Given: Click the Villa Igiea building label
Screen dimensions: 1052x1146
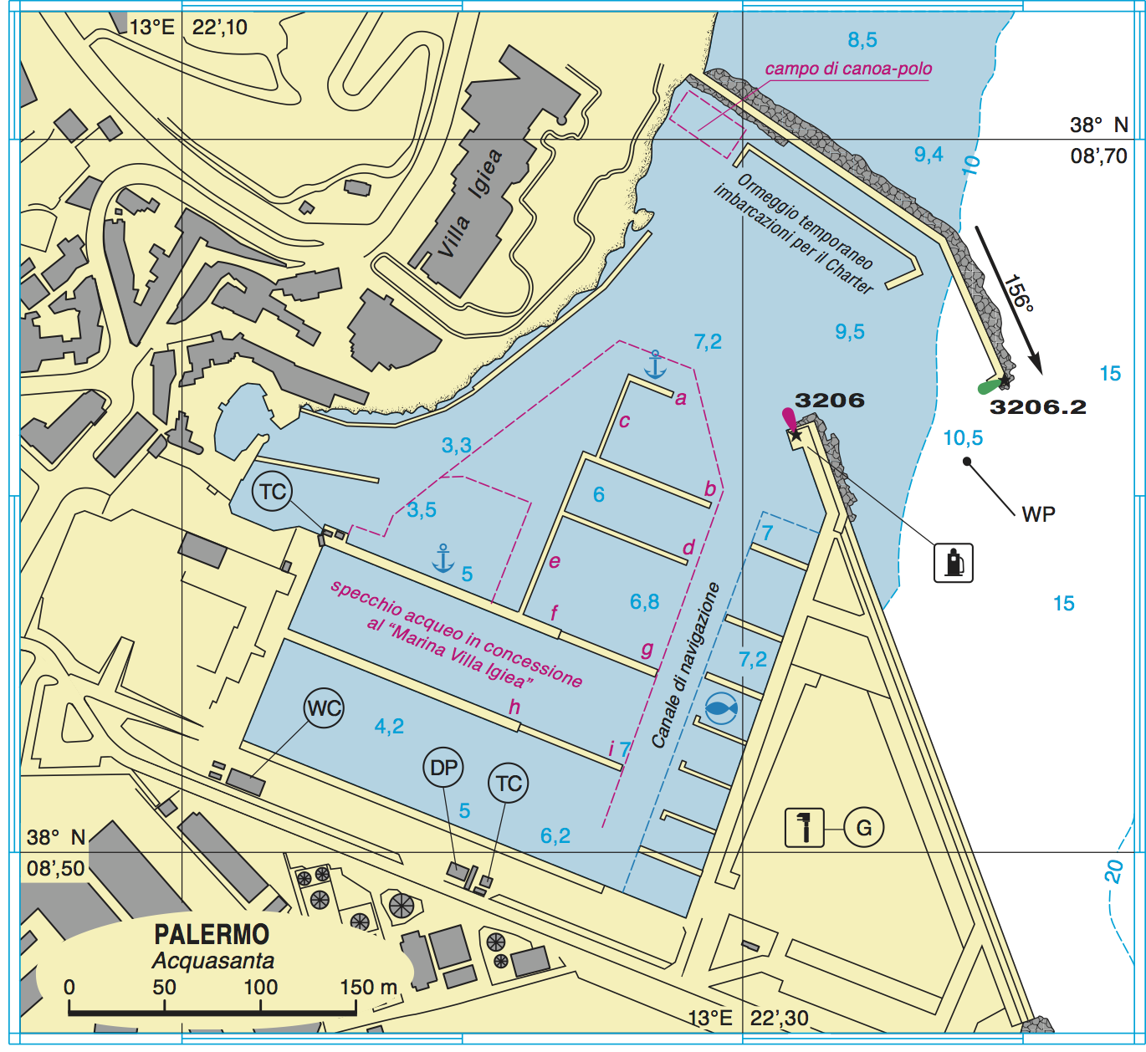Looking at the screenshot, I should (x=470, y=204).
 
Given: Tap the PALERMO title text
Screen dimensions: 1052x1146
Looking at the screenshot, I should (x=212, y=934).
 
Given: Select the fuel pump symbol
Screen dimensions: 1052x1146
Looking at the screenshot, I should (x=954, y=561).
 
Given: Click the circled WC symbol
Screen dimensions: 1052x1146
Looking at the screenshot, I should (x=324, y=708).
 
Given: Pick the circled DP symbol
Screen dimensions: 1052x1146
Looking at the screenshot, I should (x=444, y=768).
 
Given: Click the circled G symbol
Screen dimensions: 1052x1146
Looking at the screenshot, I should (x=864, y=828).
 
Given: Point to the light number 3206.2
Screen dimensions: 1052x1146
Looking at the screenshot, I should (x=1037, y=407).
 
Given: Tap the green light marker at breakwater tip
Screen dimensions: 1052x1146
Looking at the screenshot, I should (x=990, y=386).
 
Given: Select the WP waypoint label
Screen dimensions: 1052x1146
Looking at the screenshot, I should (x=1038, y=514).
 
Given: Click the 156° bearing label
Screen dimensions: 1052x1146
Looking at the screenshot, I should (x=1019, y=293).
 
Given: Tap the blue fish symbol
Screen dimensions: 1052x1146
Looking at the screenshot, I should (x=720, y=709).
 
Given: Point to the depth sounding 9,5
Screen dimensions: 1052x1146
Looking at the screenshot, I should (x=850, y=332).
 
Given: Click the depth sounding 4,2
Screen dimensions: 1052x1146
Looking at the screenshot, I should (x=389, y=726).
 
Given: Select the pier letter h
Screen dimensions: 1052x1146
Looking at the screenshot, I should (x=514, y=707).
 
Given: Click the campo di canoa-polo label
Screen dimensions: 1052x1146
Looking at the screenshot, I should (x=848, y=69).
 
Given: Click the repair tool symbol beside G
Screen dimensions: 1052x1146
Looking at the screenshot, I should (x=804, y=828).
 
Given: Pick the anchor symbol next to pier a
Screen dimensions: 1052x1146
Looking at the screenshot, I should (x=655, y=365).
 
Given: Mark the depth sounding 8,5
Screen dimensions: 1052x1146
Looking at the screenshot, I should (x=862, y=39).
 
